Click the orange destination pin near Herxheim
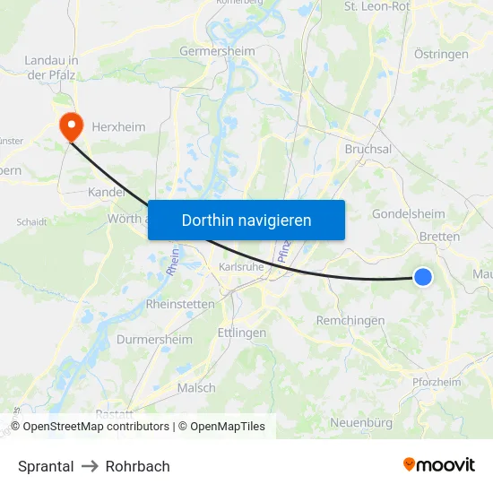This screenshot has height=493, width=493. [69, 125]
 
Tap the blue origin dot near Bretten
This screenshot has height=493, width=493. [423, 277]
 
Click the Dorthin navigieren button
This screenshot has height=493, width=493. [246, 220]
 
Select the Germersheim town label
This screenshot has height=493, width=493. [217, 51]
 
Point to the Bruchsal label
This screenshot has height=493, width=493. [368, 149]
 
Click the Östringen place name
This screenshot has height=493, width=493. [441, 54]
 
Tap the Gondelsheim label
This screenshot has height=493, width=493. [408, 214]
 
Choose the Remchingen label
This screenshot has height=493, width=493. [350, 320]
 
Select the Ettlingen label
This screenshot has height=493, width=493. [242, 333]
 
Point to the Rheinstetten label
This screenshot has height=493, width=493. [180, 305]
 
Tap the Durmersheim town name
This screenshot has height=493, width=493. [154, 340]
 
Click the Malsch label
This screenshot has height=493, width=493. [196, 388]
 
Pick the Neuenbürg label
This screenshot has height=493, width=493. [361, 422]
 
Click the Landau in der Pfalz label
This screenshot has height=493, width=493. [51, 67]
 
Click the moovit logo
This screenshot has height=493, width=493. [439, 465]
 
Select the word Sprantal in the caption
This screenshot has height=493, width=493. [46, 466]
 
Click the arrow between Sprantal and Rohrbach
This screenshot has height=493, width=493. [90, 466]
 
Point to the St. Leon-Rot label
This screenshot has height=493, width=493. [376, 6]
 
